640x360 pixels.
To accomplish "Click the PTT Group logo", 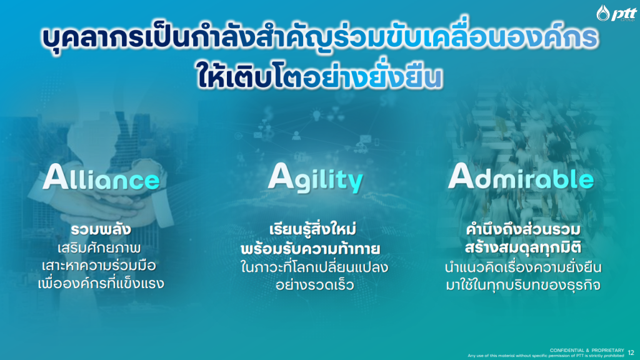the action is (616, 13).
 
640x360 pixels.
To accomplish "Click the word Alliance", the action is (101, 177).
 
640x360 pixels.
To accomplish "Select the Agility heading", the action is (315, 178).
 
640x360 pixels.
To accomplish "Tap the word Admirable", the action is (521, 177).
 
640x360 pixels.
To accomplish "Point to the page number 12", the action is (631, 352).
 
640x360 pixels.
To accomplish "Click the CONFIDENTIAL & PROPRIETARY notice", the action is (586, 350).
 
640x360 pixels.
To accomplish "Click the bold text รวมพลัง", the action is (101, 229).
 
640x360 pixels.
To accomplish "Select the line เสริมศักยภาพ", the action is (99, 248).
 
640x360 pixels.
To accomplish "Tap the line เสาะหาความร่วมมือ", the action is (99, 266).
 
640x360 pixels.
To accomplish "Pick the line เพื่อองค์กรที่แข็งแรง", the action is (101, 283).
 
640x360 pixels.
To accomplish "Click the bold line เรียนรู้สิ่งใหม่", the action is (312, 229).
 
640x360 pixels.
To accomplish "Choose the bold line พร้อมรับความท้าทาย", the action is (311, 248).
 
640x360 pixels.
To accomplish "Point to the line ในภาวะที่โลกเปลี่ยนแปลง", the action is (314, 267).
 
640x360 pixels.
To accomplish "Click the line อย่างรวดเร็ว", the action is (314, 284).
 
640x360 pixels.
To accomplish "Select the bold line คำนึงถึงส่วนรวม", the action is (523, 229).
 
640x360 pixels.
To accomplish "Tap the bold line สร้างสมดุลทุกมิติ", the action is (523, 247).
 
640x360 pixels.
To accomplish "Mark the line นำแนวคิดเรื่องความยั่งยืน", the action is (523, 267).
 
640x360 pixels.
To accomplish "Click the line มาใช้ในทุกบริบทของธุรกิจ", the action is (523, 285).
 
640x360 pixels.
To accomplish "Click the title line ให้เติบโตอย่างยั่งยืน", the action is (320, 76).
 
